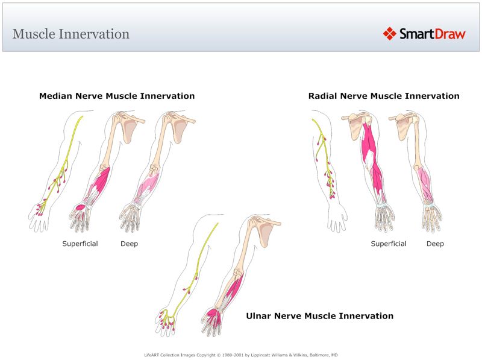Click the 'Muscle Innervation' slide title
pyautogui.click(x=70, y=34)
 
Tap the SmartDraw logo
pyautogui.click(x=425, y=34)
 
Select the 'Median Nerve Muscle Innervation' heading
pyautogui.click(x=117, y=96)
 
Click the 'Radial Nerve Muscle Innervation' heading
pyautogui.click(x=384, y=96)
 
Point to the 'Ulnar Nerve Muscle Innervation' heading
pyautogui.click(x=320, y=316)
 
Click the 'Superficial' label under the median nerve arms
pyautogui.click(x=80, y=244)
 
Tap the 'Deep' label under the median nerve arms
pyautogui.click(x=129, y=244)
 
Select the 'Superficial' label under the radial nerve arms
pyautogui.click(x=389, y=244)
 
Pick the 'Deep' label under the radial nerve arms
pyautogui.click(x=436, y=244)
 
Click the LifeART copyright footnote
pyautogui.click(x=241, y=355)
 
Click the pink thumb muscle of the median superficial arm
pyautogui.click(x=79, y=208)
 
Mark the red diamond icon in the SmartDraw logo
pyautogui.click(x=390, y=34)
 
